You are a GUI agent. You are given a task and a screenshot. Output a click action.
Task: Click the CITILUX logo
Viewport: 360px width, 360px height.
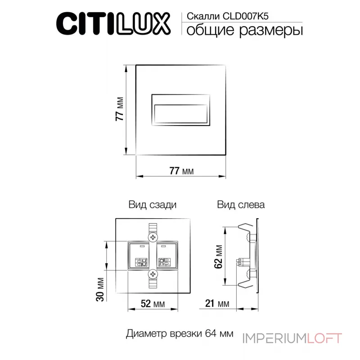[112, 23]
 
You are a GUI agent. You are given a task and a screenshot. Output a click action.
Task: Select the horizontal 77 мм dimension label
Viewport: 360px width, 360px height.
[181, 171]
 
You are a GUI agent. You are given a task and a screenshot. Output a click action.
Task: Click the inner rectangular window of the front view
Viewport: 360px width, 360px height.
[181, 114]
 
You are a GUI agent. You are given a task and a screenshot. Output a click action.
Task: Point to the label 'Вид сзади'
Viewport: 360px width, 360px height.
[152, 205]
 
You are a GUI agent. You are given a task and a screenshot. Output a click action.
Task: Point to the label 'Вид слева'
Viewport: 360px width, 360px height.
[241, 205]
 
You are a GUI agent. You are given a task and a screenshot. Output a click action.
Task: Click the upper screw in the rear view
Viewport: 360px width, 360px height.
[153, 237]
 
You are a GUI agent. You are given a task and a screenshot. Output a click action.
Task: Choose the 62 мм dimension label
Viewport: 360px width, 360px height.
[219, 256]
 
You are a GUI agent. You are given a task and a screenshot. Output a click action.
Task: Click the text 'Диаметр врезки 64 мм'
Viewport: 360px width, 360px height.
[180, 334]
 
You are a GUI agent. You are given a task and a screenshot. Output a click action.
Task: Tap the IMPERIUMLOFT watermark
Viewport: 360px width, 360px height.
[292, 338]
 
